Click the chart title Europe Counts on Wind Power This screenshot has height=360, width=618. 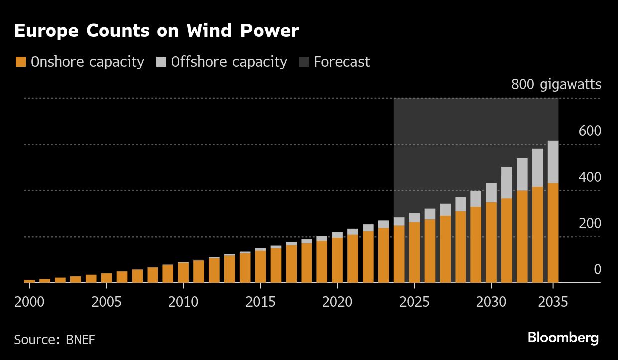click(x=156, y=31)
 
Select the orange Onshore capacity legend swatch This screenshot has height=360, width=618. click(x=20, y=62)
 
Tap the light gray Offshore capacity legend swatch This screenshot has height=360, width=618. click(x=161, y=62)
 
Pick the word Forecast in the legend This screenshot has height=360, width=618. click(x=342, y=62)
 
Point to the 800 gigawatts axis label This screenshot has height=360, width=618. click(x=556, y=85)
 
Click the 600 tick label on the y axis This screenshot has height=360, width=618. click(x=590, y=131)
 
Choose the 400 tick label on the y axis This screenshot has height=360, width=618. click(x=590, y=178)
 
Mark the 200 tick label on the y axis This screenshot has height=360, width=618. click(x=590, y=224)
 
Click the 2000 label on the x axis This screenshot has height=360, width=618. click(x=29, y=302)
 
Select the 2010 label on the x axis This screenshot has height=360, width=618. click(x=183, y=302)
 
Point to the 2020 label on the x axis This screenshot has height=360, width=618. click(x=337, y=302)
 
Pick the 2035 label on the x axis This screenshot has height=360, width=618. click(x=553, y=302)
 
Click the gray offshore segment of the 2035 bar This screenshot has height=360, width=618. click(x=553, y=162)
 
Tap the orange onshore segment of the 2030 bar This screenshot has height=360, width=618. click(x=491, y=242)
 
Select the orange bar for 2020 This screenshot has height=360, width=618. click(x=337, y=260)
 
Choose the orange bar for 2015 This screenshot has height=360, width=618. click(x=260, y=266)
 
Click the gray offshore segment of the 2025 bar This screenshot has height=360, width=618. click(x=415, y=217)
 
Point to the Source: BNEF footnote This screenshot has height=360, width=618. click(x=54, y=340)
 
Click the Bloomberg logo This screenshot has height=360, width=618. click(x=563, y=338)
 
